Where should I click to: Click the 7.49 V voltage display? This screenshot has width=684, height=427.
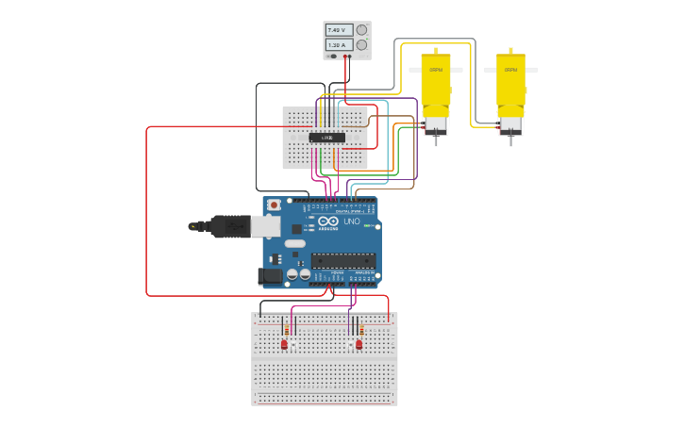click(339, 30)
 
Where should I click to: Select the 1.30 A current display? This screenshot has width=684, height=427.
click(339, 44)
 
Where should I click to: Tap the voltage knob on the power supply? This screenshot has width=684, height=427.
click(361, 30)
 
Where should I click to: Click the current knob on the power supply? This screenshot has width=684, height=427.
click(361, 44)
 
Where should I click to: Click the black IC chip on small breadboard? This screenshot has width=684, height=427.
click(326, 138)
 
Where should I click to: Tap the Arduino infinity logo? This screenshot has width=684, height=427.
click(323, 222)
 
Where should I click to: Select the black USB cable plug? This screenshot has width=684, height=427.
click(227, 226)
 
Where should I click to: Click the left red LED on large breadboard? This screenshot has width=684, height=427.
click(284, 345)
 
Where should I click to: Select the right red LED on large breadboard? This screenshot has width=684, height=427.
click(359, 345)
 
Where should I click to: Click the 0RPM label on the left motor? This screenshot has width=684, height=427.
click(436, 70)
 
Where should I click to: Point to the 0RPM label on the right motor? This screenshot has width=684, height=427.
click(510, 70)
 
